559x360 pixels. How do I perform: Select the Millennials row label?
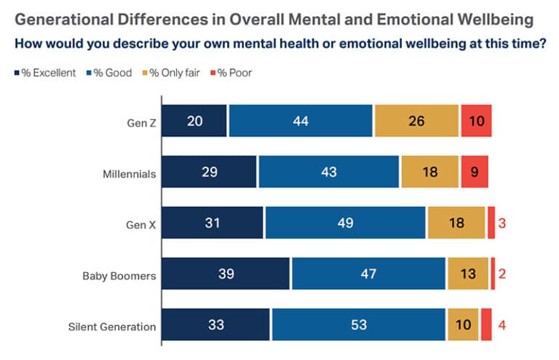[x=130, y=172]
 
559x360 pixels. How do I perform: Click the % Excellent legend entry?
[x=44, y=73]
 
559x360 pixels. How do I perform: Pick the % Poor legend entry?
[x=232, y=73]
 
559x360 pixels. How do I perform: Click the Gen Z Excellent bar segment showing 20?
[x=194, y=121]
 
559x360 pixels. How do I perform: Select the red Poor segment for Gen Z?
[x=476, y=121]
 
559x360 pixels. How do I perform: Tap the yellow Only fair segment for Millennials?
[x=429, y=172]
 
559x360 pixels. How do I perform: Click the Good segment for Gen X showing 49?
[x=345, y=223]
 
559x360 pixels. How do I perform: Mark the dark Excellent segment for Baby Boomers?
[x=225, y=274]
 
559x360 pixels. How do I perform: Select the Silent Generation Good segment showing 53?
[x=358, y=325]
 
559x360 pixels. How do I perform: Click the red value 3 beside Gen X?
[x=502, y=223]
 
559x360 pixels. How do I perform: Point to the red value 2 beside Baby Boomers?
[x=502, y=274]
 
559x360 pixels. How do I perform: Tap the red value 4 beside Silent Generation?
[x=502, y=325]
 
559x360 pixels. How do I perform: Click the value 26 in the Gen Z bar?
[x=416, y=121]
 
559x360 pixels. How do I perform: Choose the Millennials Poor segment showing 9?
[x=474, y=172]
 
